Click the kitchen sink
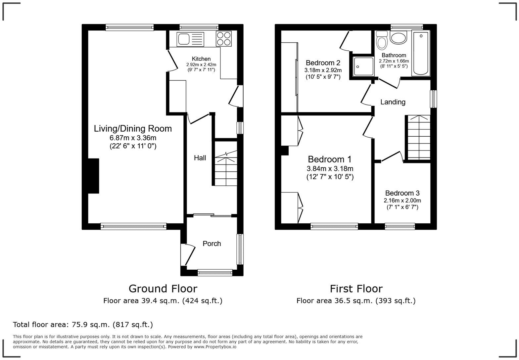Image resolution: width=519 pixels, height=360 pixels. point(190,39)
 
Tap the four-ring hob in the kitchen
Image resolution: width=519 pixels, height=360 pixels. point(224,38)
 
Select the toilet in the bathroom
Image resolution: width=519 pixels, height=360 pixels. point(382,40)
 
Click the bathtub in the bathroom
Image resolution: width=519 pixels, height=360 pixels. point(421,53)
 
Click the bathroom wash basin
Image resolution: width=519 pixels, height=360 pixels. point(399,38)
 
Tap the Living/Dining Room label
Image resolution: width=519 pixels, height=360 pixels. point(133,128)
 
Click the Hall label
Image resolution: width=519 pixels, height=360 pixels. point(200,158)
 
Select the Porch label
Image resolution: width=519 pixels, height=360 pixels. point(212,244)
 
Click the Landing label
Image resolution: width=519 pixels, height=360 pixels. point(393,102)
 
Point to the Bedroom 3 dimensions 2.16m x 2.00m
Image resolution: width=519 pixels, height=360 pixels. point(402,201)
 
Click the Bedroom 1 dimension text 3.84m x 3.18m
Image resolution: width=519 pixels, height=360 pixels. point(330,168)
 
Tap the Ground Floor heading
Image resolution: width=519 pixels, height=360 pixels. point(163,289)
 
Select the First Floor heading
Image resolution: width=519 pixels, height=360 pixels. point(356,289)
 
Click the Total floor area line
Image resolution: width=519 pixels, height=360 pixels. point(83,325)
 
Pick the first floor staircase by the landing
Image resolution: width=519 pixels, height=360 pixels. point(418,137)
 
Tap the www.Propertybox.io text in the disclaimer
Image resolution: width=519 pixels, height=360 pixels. point(215,347)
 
